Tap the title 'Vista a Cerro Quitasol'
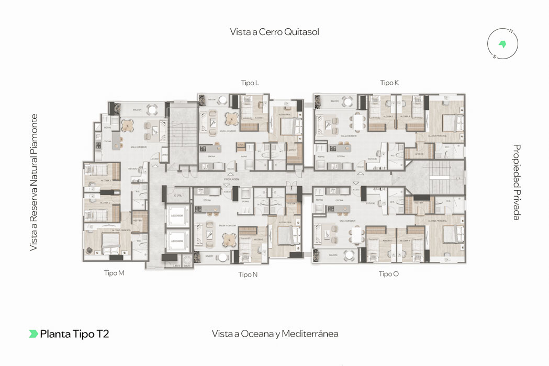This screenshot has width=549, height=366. (x=274, y=32)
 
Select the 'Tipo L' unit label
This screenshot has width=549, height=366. (x=250, y=83)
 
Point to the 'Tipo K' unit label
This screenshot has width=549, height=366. (x=389, y=83)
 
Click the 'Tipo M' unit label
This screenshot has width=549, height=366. (x=114, y=273)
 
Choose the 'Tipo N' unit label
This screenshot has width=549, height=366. (x=248, y=274)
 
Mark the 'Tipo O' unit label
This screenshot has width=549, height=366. (x=389, y=273)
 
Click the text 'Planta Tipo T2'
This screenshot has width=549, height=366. (x=74, y=334)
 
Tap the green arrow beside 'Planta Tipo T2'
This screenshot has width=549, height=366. (x=33, y=334)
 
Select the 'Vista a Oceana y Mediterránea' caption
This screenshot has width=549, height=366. (x=275, y=334)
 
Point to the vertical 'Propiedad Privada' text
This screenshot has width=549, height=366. (x=517, y=182)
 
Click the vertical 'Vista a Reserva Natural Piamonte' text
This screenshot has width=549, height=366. (x=34, y=182)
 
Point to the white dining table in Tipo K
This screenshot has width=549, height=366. (x=358, y=122)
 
